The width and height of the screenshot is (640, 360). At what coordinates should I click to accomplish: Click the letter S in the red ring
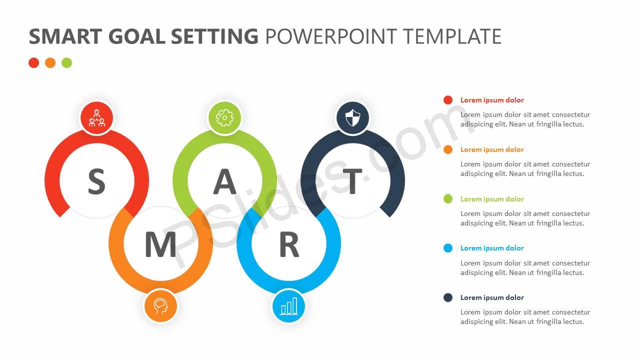[97, 181]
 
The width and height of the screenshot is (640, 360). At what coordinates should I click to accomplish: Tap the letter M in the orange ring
[160, 244]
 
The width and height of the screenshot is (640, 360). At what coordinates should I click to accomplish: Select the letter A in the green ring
[225, 181]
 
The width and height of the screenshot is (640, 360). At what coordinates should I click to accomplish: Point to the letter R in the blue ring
[289, 244]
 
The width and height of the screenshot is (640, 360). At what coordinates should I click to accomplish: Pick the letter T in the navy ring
[352, 181]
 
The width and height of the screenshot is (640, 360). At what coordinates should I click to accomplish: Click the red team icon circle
[97, 118]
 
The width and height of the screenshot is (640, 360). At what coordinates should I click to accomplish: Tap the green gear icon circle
[225, 118]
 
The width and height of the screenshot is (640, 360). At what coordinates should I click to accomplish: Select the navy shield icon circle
[353, 118]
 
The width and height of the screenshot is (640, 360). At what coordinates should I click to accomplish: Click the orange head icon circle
[160, 306]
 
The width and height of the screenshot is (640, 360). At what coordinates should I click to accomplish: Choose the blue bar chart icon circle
[288, 306]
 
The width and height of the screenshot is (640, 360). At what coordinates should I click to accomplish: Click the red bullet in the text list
[448, 100]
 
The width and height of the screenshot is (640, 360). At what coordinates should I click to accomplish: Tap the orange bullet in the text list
[448, 149]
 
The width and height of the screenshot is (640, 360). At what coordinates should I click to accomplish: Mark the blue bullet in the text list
[448, 248]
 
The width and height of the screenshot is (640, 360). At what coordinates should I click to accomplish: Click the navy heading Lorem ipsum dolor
[492, 297]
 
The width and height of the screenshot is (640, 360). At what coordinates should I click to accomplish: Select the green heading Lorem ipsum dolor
[492, 199]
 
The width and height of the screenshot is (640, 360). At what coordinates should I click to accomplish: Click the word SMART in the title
[65, 36]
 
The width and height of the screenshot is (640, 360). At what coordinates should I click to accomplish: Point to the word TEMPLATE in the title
[452, 36]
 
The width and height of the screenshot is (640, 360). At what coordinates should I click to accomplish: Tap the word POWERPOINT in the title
[331, 36]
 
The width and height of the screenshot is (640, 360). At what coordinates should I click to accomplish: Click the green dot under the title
[67, 63]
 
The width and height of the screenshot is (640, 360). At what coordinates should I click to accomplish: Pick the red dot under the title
[33, 63]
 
